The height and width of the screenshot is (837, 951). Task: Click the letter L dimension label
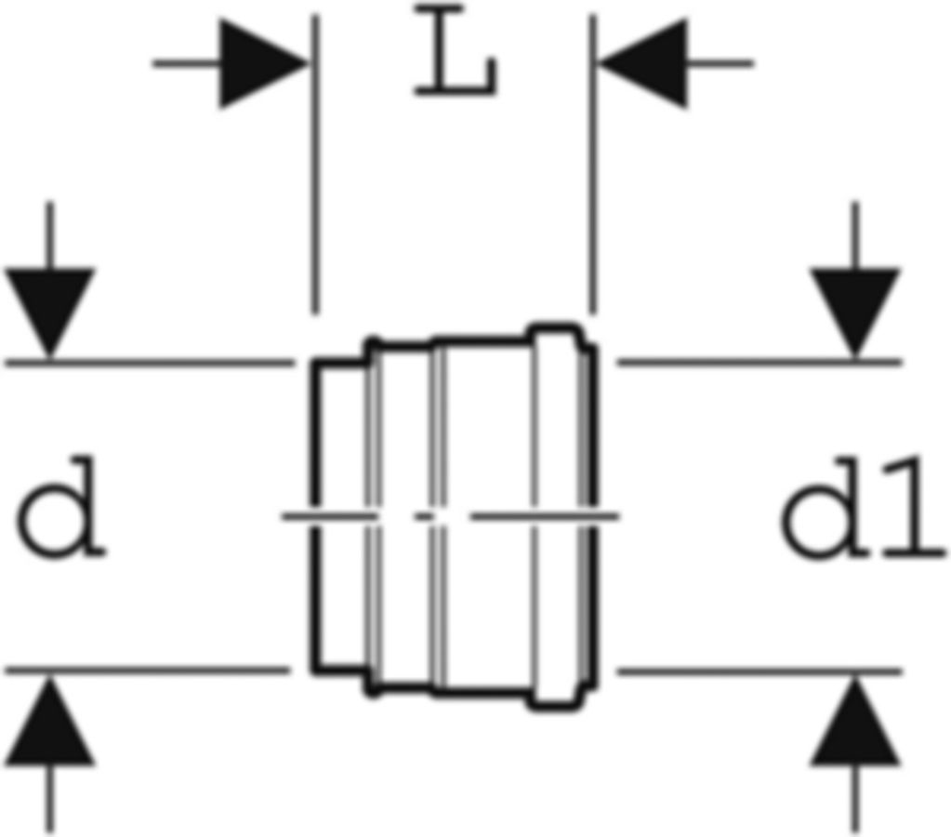pyautogui.click(x=456, y=50)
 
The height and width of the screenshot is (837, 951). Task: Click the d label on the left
pyautogui.click(x=60, y=508)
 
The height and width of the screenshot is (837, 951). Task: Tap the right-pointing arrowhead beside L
pyautogui.click(x=263, y=63)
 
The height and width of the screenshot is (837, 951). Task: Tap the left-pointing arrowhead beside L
pyautogui.click(x=643, y=63)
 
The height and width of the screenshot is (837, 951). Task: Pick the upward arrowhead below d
pyautogui.click(x=50, y=721)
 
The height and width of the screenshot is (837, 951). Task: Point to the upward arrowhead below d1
pyautogui.click(x=855, y=721)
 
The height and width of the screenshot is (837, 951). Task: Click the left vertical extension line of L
pyautogui.click(x=315, y=164)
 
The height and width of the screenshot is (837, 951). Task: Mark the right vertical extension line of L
pyautogui.click(x=593, y=164)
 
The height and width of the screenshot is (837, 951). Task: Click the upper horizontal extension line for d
pyautogui.click(x=150, y=364)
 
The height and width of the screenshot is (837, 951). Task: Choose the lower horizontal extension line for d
pyautogui.click(x=148, y=671)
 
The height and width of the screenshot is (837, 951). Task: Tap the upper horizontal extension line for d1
pyautogui.click(x=759, y=363)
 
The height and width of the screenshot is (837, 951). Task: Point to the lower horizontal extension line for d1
pyautogui.click(x=759, y=671)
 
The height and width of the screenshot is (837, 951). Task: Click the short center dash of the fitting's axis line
pyautogui.click(x=425, y=516)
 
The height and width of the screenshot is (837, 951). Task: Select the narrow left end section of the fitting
pyautogui.click(x=341, y=516)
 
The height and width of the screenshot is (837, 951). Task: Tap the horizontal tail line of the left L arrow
pyautogui.click(x=186, y=63)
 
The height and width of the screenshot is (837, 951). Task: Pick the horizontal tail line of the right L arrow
pyautogui.click(x=720, y=63)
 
